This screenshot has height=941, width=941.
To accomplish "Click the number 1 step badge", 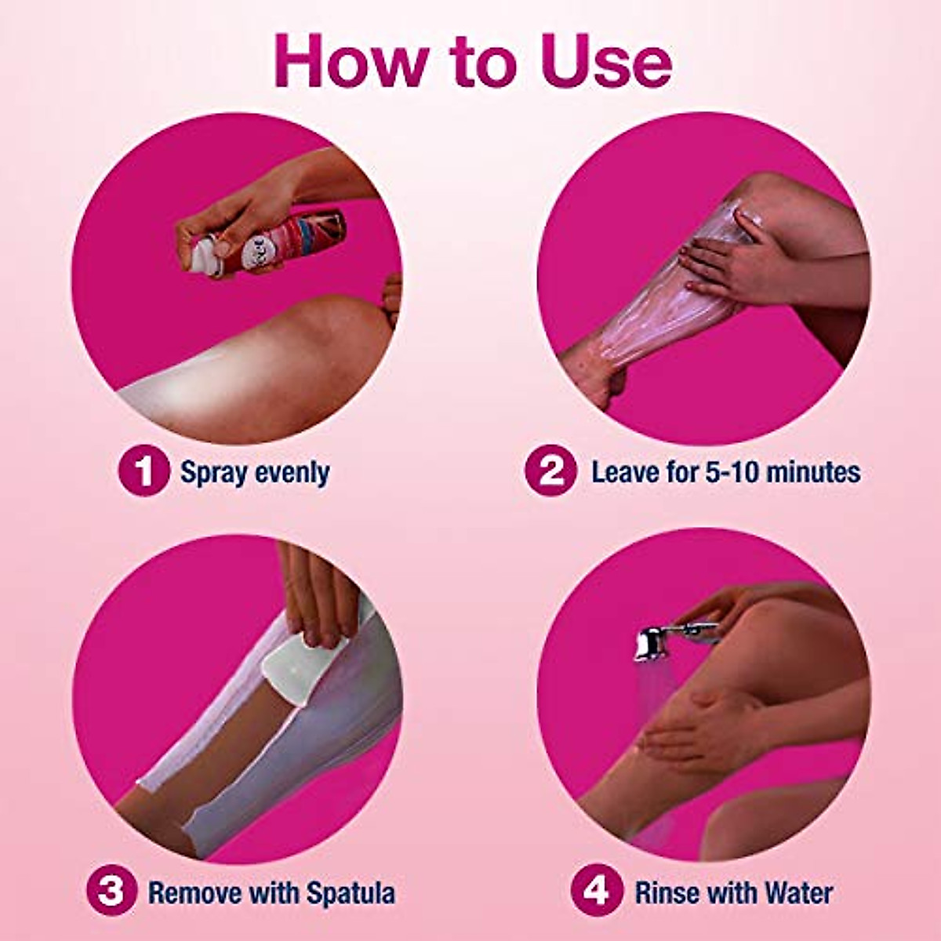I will click(x=144, y=472).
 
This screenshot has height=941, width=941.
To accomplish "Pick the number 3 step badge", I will click(x=111, y=892).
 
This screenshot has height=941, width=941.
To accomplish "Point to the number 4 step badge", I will click(x=596, y=892).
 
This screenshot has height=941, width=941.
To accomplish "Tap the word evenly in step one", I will click(x=293, y=473).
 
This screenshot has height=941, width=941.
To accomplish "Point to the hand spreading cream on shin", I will click(x=725, y=263).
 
